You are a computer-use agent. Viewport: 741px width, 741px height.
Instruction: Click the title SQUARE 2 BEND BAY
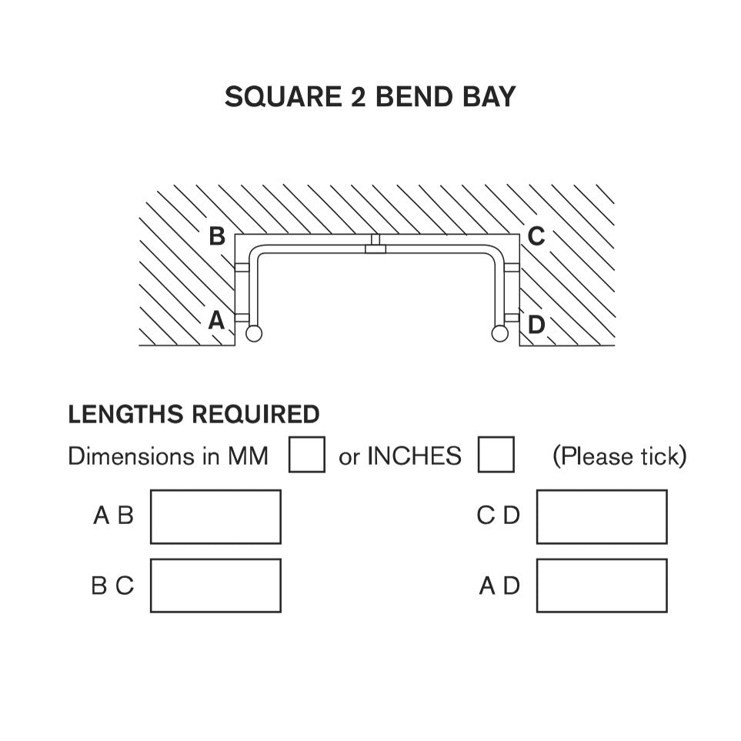click(370, 97)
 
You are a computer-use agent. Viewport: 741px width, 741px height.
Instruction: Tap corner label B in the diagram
click(217, 236)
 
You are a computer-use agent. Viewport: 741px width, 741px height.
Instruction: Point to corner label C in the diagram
click(536, 236)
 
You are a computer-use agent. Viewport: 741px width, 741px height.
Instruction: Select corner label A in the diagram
click(216, 320)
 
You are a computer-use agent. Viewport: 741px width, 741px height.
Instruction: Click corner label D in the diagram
click(536, 325)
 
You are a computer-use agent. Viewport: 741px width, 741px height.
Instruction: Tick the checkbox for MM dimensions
click(307, 455)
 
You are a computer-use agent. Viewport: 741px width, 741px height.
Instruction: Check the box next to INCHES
click(496, 455)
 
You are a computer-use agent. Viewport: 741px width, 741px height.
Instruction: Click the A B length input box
click(215, 517)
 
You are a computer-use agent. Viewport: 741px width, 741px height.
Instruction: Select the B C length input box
click(215, 586)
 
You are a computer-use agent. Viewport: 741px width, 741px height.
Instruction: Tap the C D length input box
click(602, 517)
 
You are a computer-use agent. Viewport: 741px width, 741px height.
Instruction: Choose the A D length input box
click(602, 586)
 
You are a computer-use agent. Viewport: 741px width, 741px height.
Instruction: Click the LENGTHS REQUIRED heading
click(194, 415)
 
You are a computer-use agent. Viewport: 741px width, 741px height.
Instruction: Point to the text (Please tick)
click(619, 456)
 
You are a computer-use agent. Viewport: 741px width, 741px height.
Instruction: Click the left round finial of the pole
click(254, 333)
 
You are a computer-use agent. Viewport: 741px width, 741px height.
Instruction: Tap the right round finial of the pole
click(500, 333)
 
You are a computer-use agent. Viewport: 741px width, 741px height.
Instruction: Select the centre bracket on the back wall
click(376, 244)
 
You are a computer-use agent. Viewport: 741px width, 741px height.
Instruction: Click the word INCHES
click(414, 456)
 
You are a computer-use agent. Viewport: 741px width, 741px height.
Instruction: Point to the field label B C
click(112, 586)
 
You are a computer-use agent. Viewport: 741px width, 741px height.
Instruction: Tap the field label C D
click(498, 516)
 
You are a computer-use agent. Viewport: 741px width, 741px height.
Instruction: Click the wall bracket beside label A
click(242, 316)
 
